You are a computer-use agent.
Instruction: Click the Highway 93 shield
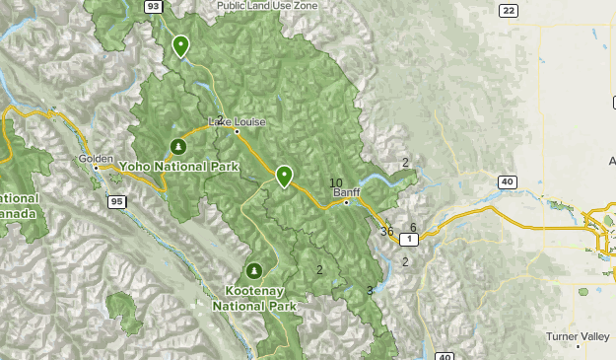coord(152,6)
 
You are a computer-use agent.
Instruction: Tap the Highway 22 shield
coord(508,10)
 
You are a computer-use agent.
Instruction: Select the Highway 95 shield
coord(116,202)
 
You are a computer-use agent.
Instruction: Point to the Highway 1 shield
coord(410,240)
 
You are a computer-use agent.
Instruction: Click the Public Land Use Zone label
coord(268,5)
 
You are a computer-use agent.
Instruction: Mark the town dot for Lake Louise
coord(237,130)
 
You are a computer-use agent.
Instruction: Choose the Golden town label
coord(97,158)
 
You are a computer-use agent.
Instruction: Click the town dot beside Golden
coord(96,168)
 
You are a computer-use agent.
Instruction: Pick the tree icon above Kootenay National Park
coord(253,270)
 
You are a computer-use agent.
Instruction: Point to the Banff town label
coord(346,192)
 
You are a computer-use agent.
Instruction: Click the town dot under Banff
coord(346,202)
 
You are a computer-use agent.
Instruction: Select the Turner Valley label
coord(579,336)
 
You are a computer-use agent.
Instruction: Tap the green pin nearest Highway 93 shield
coord(180,44)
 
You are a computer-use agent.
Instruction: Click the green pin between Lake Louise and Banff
coord(284,175)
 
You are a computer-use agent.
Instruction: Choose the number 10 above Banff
coord(336,182)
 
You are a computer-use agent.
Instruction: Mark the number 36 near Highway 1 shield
coord(386,232)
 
